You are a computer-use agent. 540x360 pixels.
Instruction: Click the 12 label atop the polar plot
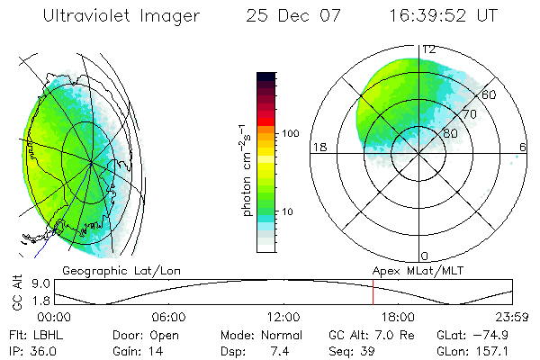[x=429, y=49]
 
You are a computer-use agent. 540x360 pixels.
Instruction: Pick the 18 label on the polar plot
[x=319, y=147]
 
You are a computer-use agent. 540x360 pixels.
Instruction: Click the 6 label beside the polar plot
[x=523, y=147]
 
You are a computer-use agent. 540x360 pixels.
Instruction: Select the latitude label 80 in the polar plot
[x=447, y=134]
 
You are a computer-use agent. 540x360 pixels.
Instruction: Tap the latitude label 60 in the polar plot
[x=490, y=94]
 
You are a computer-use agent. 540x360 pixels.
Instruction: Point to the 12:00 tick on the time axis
[x=283, y=316]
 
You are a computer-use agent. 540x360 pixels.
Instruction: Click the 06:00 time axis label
[x=168, y=316]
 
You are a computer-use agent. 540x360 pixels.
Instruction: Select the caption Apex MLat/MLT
[x=410, y=270]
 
